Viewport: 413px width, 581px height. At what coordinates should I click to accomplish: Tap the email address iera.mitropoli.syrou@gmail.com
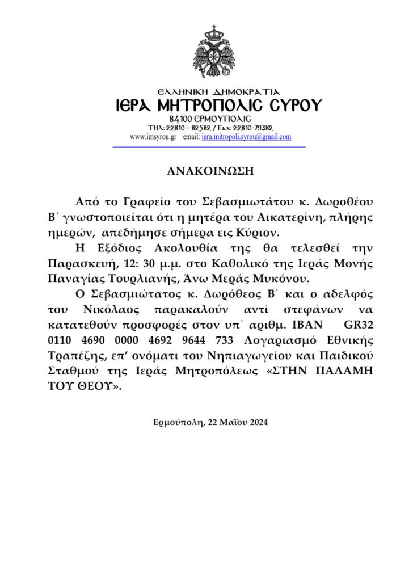pyautogui.click(x=247, y=137)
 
